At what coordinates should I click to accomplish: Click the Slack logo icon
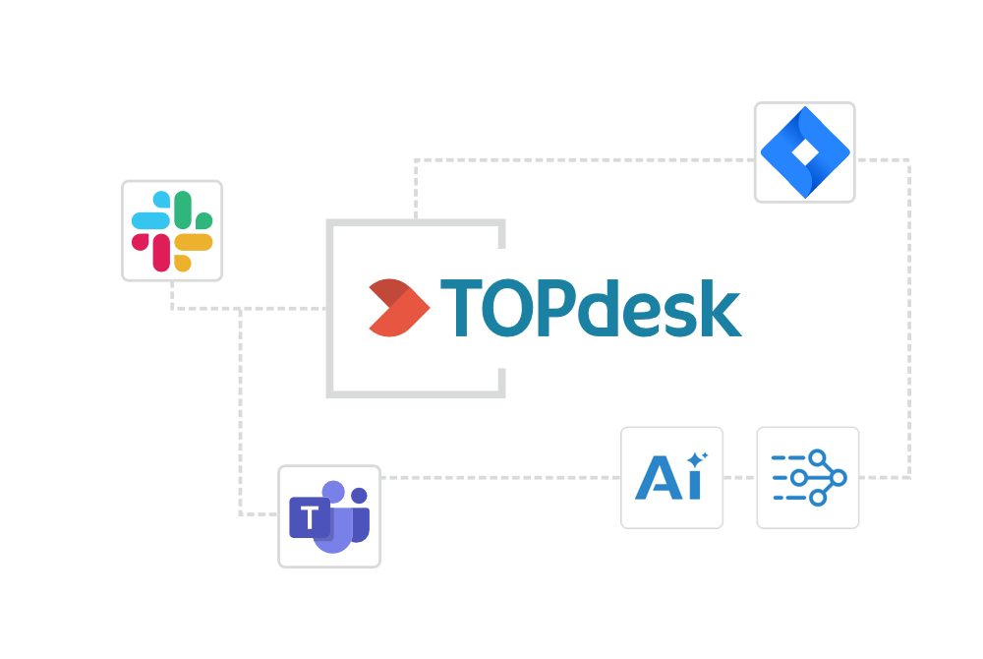click(172, 231)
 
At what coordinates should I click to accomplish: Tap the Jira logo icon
click(804, 152)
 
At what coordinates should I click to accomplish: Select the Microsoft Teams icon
click(329, 516)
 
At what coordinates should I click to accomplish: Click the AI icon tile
click(672, 477)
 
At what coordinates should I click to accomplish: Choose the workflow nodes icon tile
click(808, 477)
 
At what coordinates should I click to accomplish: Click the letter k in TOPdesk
click(721, 308)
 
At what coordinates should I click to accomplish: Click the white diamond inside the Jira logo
click(804, 152)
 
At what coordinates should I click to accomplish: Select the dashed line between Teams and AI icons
click(501, 477)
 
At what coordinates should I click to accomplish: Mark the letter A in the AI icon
click(657, 479)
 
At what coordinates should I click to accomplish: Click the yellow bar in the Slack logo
click(193, 243)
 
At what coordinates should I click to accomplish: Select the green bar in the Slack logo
click(183, 210)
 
